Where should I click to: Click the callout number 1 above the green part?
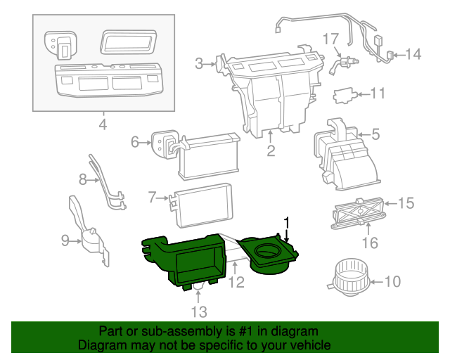[x=286, y=223]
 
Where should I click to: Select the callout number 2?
[x=270, y=150]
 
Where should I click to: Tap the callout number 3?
[x=199, y=64]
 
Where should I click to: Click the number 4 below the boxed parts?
[x=103, y=125]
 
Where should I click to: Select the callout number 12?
[x=236, y=283]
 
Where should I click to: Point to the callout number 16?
[x=369, y=243]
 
